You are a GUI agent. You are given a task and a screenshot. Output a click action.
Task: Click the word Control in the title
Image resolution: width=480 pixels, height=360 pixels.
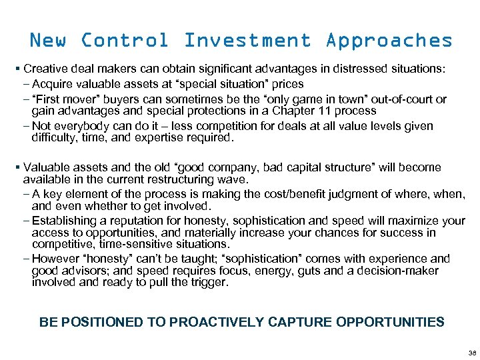click(x=124, y=40)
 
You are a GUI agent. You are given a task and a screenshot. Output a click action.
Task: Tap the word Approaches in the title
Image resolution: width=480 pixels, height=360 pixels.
click(x=389, y=41)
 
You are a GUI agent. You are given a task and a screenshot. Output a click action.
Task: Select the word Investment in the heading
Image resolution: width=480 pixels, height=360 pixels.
click(x=247, y=40)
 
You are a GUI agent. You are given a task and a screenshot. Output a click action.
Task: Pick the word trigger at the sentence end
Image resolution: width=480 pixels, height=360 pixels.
click(x=208, y=283)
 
